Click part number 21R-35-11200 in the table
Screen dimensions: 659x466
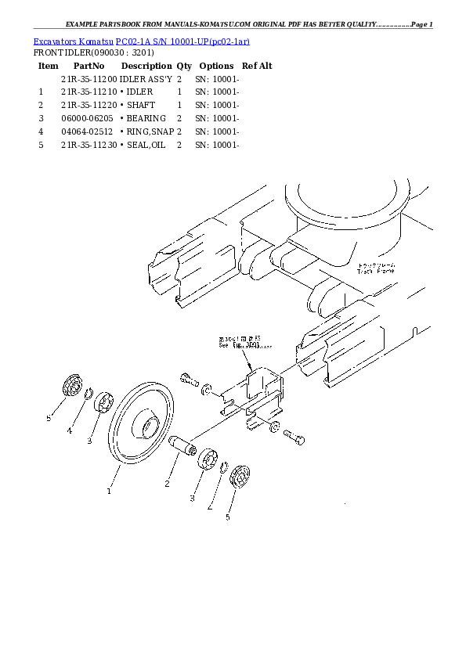pos(89,80)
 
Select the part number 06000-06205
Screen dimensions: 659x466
pos(89,118)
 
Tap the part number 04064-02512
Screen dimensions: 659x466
pos(89,131)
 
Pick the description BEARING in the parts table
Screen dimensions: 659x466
pos(146,118)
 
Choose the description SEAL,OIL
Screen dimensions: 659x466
pos(146,145)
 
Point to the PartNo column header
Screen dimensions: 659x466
pos(89,67)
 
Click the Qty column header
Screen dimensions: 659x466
pos(184,67)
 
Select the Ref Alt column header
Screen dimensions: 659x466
pos(257,67)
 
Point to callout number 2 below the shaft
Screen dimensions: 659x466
pos(167,484)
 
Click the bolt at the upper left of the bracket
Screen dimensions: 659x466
pos(189,380)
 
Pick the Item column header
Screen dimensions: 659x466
pos(49,67)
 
